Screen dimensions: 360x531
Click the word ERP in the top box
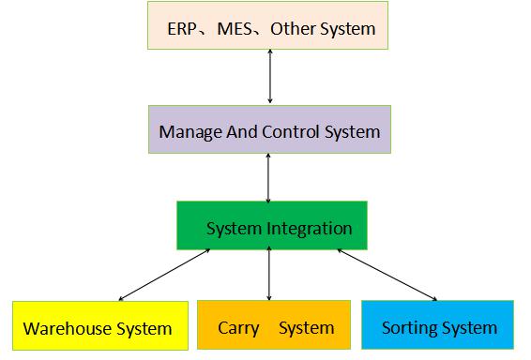[182, 28]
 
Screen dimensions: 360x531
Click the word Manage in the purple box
[190, 131]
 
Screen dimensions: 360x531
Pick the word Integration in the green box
[308, 228]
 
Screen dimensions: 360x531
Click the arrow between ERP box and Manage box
[270, 77]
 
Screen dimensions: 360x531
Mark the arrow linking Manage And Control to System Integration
[270, 177]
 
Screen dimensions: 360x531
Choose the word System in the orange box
[306, 328]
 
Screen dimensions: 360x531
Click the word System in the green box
[234, 228]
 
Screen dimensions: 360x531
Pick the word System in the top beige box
[347, 28]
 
